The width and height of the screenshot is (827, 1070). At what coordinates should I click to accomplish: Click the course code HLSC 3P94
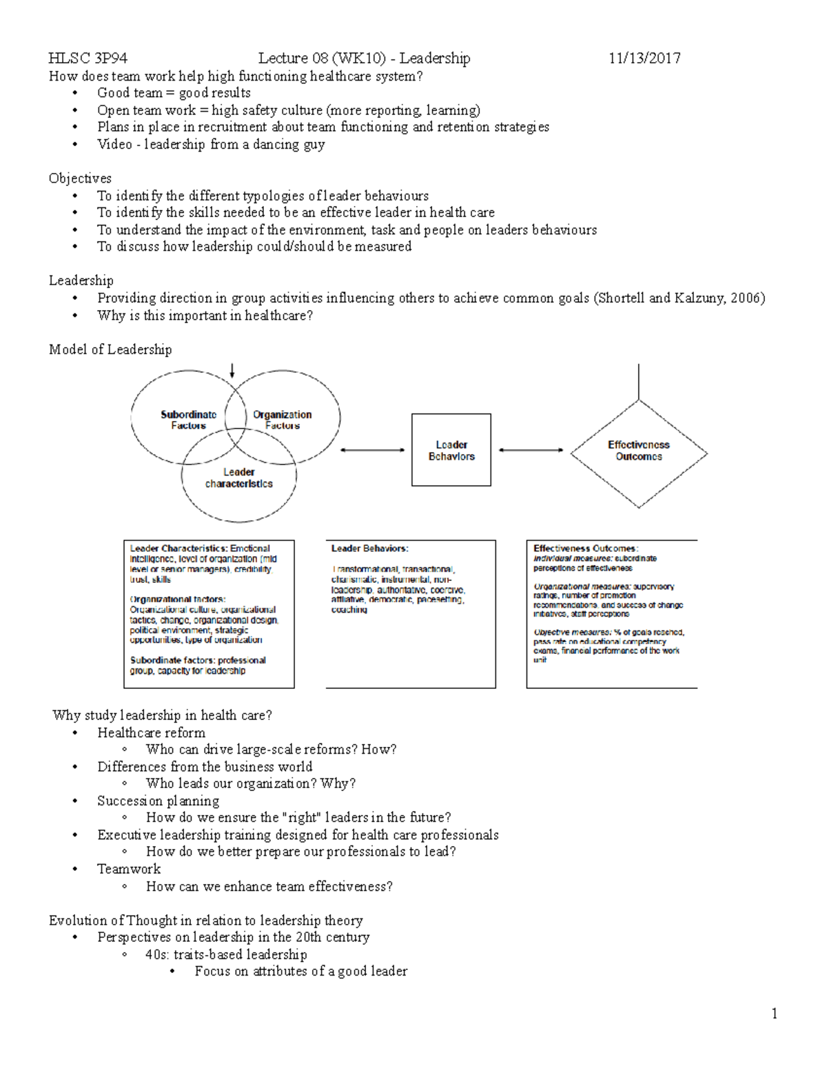(x=88, y=59)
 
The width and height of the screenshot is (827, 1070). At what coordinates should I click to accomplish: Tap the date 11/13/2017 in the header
(x=644, y=59)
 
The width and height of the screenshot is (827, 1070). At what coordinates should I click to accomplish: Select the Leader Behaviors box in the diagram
(x=451, y=450)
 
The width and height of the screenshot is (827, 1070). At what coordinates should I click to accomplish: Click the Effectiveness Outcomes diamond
(x=639, y=451)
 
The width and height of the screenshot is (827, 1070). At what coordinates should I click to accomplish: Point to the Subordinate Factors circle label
(x=188, y=420)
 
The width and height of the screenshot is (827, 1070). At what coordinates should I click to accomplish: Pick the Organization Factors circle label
(x=282, y=420)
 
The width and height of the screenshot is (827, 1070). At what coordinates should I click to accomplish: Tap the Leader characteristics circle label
(x=238, y=477)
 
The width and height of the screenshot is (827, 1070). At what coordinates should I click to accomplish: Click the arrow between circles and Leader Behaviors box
(x=373, y=450)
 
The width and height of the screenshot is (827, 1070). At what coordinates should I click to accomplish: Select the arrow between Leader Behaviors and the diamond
(x=531, y=450)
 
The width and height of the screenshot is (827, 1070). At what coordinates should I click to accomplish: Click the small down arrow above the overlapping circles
(x=232, y=371)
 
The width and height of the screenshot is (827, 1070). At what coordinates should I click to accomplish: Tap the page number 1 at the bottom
(x=775, y=1013)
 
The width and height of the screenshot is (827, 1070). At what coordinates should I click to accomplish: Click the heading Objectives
(x=80, y=178)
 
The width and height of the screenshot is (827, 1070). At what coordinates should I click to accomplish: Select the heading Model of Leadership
(x=110, y=349)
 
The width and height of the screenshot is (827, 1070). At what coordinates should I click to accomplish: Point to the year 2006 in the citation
(x=745, y=298)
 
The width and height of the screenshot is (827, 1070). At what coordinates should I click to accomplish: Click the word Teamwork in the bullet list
(x=129, y=869)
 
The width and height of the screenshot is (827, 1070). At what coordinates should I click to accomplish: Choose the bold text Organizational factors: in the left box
(x=177, y=599)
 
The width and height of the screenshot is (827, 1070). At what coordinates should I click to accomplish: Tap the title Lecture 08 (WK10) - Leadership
(x=364, y=59)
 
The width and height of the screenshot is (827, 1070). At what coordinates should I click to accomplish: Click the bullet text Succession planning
(x=158, y=801)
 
